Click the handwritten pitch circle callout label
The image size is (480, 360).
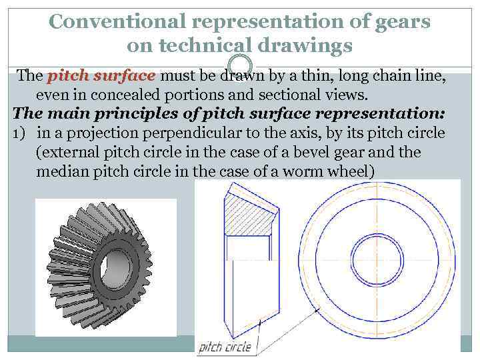pyautogui.click(x=225, y=347)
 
